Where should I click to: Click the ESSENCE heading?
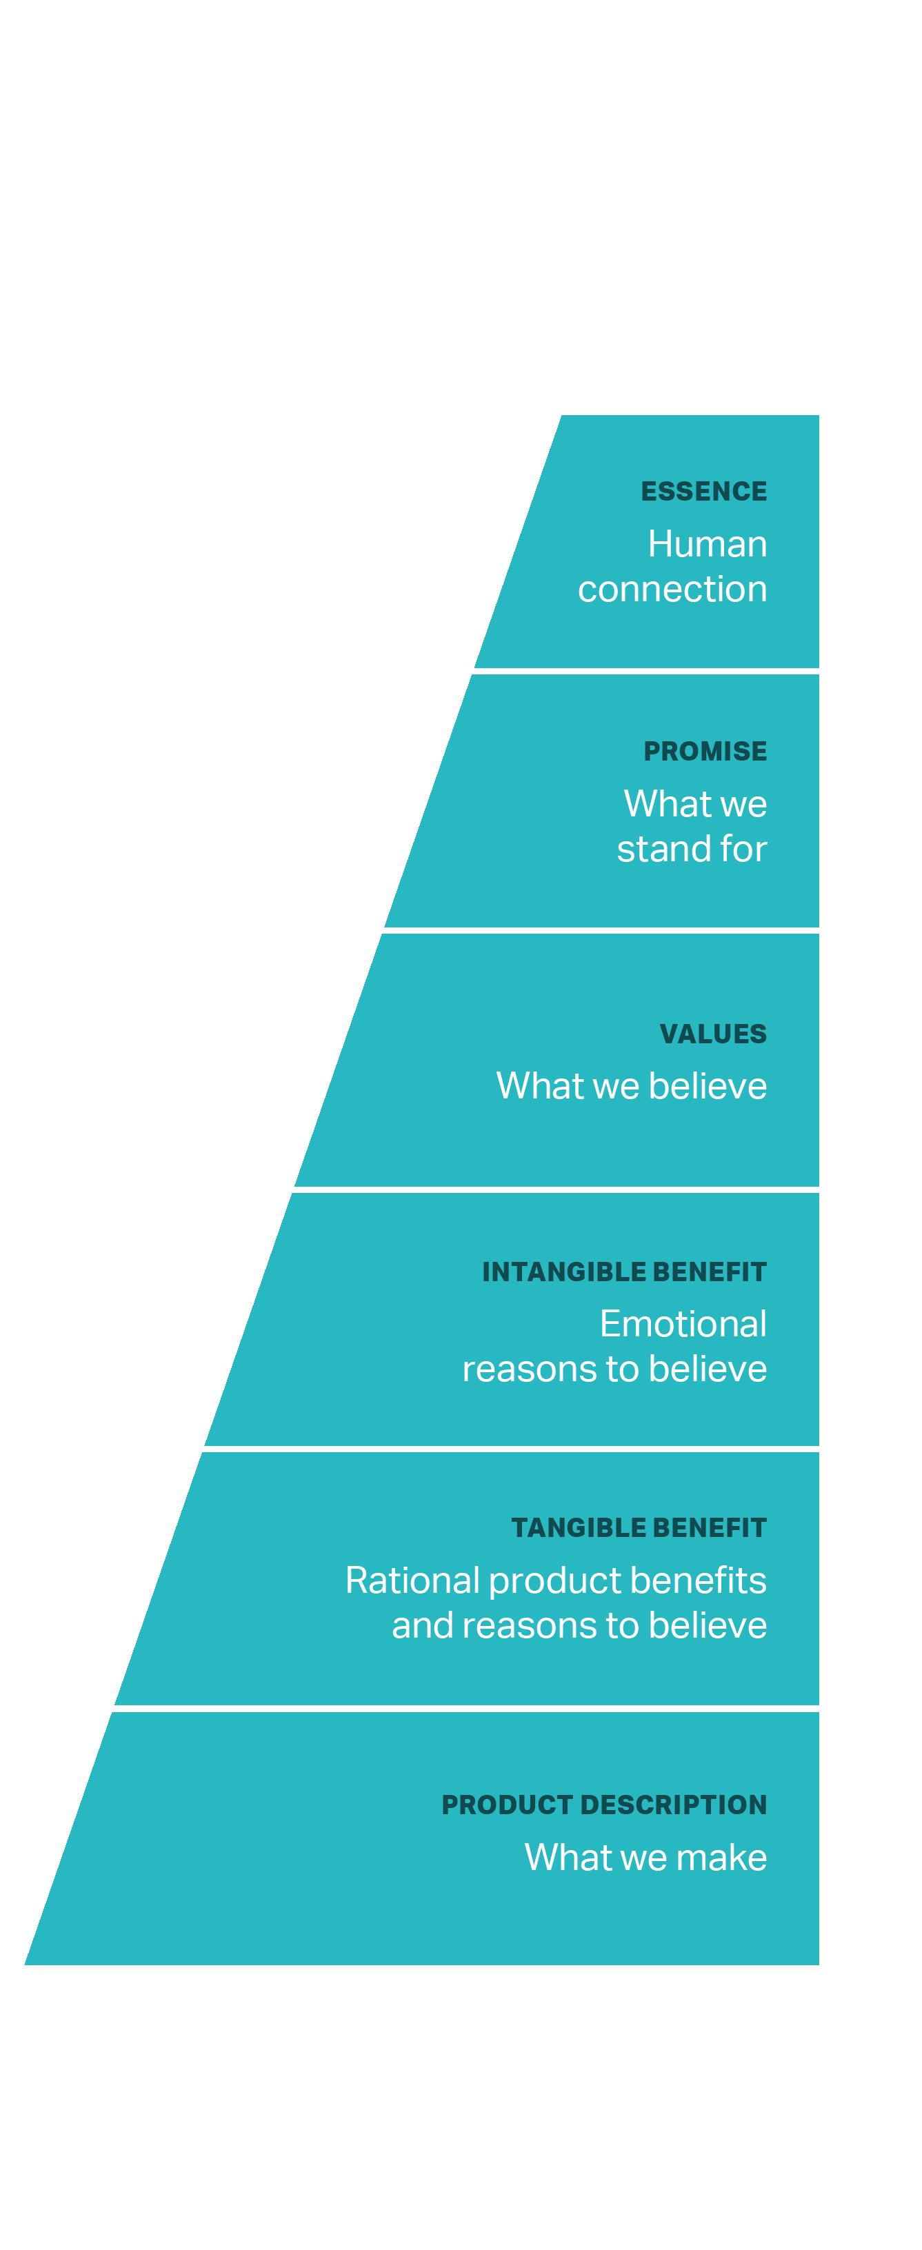click(x=703, y=492)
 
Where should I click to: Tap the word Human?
click(x=708, y=544)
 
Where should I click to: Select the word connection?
click(x=672, y=590)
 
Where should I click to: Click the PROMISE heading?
click(x=705, y=751)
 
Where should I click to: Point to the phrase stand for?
click(x=692, y=849)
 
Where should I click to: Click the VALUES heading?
click(x=712, y=1034)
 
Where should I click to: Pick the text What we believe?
click(x=631, y=1085)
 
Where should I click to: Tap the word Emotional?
click(x=683, y=1324)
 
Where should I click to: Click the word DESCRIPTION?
click(x=672, y=1805)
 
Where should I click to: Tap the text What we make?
click(x=645, y=1857)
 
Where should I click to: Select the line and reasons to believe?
click(x=579, y=1625)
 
